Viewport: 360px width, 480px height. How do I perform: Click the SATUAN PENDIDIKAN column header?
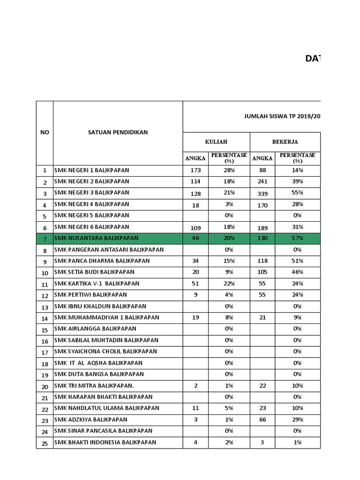118,132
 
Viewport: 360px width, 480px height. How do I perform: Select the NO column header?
45,132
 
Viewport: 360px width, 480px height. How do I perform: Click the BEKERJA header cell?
285,142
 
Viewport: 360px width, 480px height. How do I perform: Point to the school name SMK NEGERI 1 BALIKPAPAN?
91,170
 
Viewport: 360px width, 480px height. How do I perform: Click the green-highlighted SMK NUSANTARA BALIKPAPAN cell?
96,238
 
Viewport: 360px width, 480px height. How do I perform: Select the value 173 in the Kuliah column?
195,170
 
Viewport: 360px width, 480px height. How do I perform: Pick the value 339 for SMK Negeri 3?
262,193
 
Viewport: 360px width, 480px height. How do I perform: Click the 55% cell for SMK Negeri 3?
297,193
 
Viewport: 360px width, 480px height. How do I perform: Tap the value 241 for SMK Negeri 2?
262,181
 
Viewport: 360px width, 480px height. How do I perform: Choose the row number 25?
45,443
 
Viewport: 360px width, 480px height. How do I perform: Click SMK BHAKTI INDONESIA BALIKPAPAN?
105,442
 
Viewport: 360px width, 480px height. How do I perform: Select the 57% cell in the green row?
297,238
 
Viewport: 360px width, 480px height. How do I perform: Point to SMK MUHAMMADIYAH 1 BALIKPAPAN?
106,318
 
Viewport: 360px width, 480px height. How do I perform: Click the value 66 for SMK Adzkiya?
262,420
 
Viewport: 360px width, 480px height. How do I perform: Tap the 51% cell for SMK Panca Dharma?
297,261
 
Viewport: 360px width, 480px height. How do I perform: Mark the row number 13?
45,307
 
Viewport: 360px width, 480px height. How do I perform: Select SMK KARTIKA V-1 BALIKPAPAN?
97,284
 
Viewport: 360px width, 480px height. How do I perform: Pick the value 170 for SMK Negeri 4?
262,204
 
